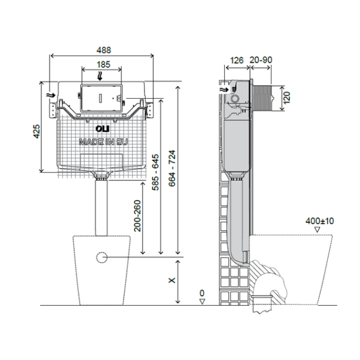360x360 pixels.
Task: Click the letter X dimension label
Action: pos(172,280)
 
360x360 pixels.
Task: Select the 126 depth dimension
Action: pos(236,60)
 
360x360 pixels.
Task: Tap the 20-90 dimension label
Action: pos(261,60)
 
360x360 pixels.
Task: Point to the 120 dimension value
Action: pos(287,97)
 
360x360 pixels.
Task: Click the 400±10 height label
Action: pos(319,219)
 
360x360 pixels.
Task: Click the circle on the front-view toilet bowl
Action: pos(102,255)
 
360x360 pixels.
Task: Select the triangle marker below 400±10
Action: pos(317,229)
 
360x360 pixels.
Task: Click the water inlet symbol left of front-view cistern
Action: pos(51,96)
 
